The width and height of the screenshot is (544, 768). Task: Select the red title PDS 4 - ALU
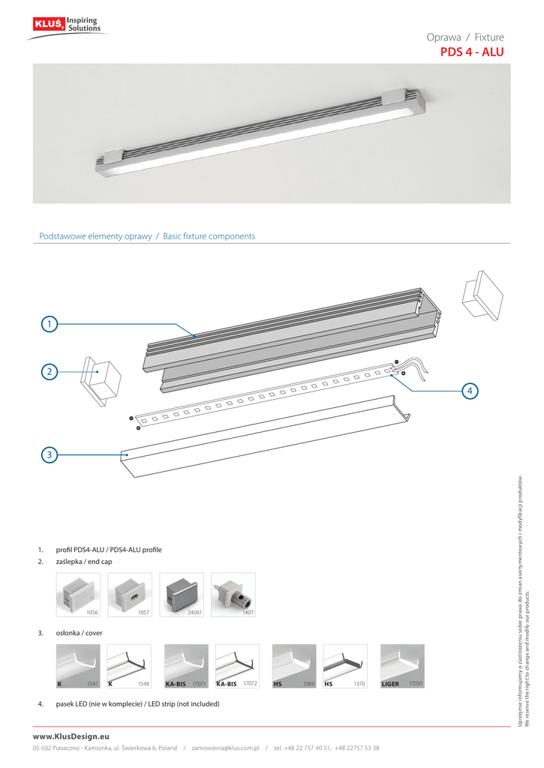[471, 52]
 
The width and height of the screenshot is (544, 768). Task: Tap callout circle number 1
[49, 324]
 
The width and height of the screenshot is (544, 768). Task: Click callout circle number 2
[49, 371]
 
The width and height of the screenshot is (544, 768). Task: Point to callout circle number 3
[49, 454]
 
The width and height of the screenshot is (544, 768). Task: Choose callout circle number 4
[469, 391]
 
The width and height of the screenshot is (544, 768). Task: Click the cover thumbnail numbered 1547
[78, 666]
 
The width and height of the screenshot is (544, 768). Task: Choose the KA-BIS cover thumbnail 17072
[237, 666]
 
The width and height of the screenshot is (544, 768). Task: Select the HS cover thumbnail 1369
[293, 666]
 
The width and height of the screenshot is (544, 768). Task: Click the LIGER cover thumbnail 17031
[402, 666]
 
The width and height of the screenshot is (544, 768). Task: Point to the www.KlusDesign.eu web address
[71, 737]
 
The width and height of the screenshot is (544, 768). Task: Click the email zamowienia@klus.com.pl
[225, 748]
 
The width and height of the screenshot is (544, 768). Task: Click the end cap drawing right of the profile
[479, 295]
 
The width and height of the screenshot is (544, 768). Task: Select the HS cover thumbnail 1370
[344, 666]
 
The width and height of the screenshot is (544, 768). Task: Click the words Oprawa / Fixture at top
[465, 37]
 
